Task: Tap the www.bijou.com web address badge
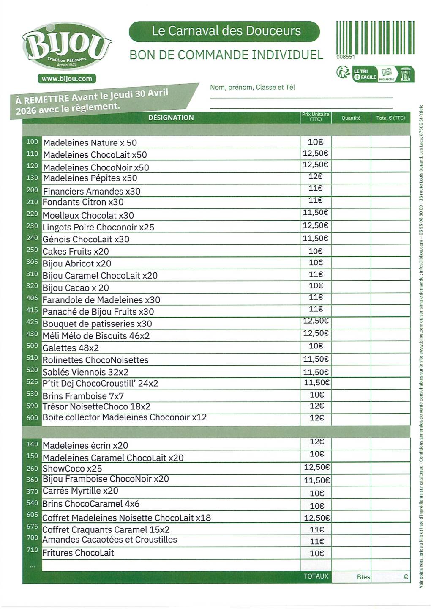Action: (x=67, y=79)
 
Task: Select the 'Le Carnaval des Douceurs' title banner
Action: (x=224, y=31)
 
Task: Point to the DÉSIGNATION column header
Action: (x=171, y=118)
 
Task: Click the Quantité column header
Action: (x=351, y=118)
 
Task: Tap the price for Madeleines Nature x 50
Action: (x=315, y=142)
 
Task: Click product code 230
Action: (x=32, y=226)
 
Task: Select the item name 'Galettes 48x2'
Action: (x=71, y=348)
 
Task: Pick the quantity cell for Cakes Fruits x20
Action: (x=351, y=251)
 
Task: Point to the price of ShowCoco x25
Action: (x=316, y=467)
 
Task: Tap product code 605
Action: (x=32, y=515)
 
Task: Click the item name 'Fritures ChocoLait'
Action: (x=78, y=553)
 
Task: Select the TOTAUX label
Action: (x=316, y=576)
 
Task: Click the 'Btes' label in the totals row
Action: (x=363, y=577)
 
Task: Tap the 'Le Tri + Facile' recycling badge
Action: (x=375, y=74)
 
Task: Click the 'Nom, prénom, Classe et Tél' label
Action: (x=252, y=87)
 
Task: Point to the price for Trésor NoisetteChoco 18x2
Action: (x=316, y=406)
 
